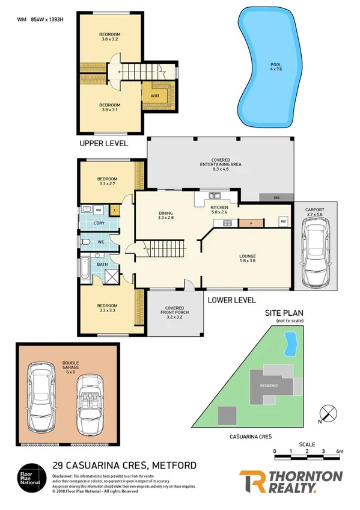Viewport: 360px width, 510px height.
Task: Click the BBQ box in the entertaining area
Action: click(x=275, y=197)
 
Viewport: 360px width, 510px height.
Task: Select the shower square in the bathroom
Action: click(x=112, y=275)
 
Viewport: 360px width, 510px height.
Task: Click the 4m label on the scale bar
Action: click(x=340, y=450)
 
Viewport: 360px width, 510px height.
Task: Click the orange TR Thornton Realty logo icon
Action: click(x=252, y=482)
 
